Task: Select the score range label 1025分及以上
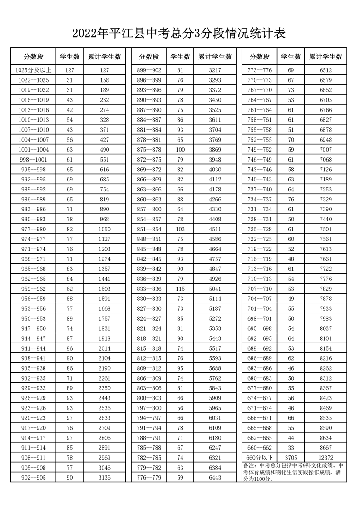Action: [x=34, y=70]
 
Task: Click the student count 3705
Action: [x=291, y=457]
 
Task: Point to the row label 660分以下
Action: [x=259, y=457]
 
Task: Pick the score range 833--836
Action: [x=149, y=289]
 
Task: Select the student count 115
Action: [x=180, y=289]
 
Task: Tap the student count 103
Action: [x=180, y=229]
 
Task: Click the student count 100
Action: [x=180, y=150]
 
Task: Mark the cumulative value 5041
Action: [x=215, y=289]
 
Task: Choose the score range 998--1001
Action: [x=34, y=160]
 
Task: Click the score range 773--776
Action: [x=259, y=70]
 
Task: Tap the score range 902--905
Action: [x=34, y=477]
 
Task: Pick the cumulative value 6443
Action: [x=215, y=477]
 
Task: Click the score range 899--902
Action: [x=149, y=70]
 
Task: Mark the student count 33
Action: [x=291, y=447]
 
